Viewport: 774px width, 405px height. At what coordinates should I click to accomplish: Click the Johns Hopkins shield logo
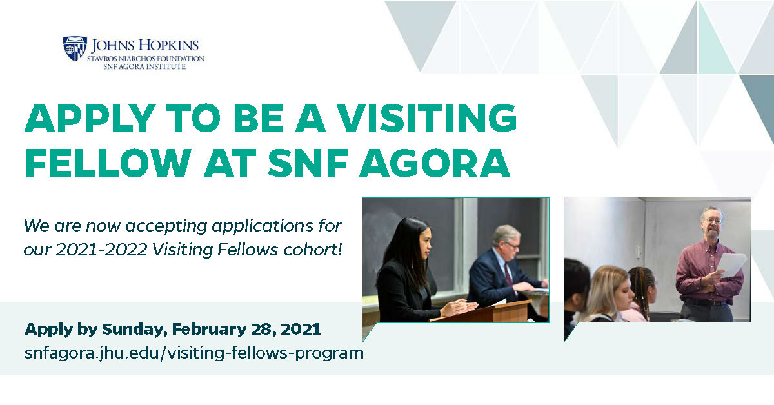tap(75, 48)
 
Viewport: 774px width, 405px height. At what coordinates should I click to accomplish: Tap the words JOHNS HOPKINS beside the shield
tap(145, 46)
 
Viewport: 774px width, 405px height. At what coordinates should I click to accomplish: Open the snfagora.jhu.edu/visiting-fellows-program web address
tap(193, 353)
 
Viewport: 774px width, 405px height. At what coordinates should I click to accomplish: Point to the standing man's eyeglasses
tap(713, 221)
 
